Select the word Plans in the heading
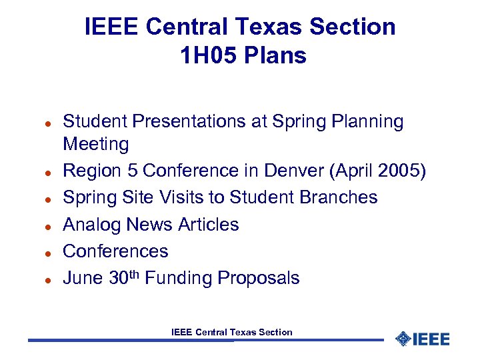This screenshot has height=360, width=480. [275, 56]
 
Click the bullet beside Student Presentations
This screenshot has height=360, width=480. [40, 125]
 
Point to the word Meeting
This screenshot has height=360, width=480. [95, 144]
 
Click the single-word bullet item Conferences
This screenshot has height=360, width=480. [115, 251]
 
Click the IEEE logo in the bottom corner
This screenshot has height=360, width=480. [422, 339]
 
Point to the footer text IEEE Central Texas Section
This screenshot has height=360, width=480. [231, 332]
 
